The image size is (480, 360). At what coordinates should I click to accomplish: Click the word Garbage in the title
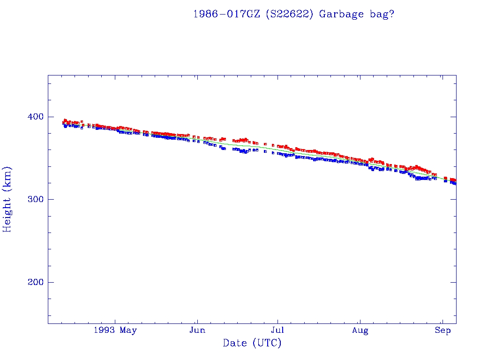click(x=341, y=14)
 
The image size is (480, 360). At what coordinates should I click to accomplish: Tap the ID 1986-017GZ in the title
click(x=226, y=14)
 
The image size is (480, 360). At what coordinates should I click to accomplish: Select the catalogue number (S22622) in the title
click(x=289, y=14)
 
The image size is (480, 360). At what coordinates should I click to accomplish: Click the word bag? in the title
click(x=381, y=14)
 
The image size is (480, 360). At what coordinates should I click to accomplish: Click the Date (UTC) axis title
click(x=252, y=343)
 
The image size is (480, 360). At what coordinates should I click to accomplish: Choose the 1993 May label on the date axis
click(x=115, y=330)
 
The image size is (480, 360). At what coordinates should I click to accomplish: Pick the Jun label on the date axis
click(x=197, y=330)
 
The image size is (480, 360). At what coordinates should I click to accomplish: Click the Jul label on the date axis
click(x=278, y=330)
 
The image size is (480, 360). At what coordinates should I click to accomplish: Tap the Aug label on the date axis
click(x=360, y=330)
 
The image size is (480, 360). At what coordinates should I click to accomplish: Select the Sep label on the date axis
click(x=442, y=330)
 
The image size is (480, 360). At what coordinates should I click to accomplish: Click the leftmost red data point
click(x=63, y=122)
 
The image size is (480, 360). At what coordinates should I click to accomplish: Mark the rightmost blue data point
click(x=455, y=183)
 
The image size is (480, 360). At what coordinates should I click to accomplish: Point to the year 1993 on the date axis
click(x=104, y=330)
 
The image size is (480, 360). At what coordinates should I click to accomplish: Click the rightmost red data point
click(x=454, y=180)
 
